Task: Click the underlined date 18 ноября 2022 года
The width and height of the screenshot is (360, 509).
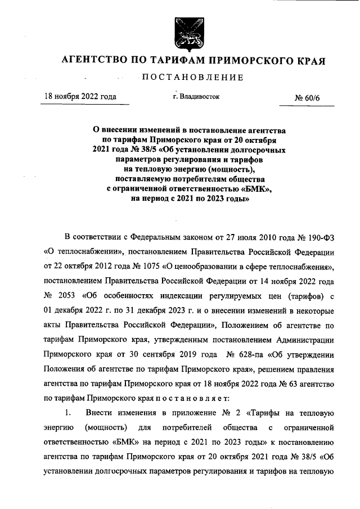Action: (x=80, y=97)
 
